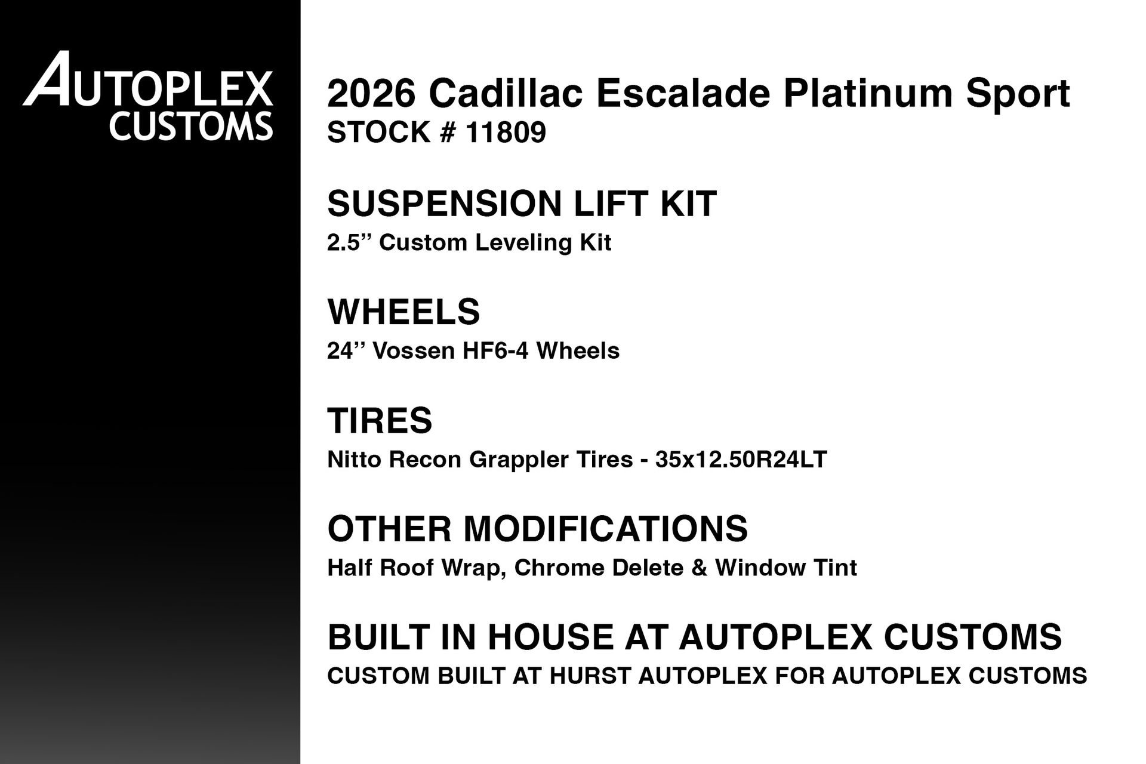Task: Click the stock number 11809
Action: [x=506, y=133]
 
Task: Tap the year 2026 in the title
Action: [x=371, y=93]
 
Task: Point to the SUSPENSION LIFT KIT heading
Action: [x=522, y=204]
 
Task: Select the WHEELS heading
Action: [x=403, y=312]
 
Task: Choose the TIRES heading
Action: [x=380, y=420]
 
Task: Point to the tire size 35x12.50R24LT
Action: [x=741, y=460]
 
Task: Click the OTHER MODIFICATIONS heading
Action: [x=537, y=529]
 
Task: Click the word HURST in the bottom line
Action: [x=590, y=676]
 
